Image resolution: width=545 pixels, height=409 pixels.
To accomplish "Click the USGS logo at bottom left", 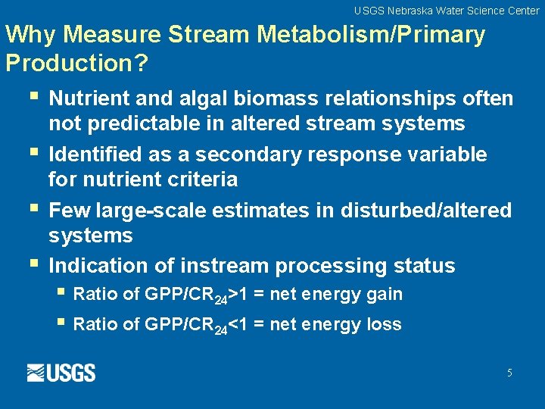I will (61, 373).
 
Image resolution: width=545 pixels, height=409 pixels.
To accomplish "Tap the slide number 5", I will (509, 373).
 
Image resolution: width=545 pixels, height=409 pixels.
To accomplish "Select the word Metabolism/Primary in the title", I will (372, 35).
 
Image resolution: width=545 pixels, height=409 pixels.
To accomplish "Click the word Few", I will (66, 210).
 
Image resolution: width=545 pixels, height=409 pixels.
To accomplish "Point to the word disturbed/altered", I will (426, 210).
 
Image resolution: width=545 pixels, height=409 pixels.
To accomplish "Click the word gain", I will (385, 294).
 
